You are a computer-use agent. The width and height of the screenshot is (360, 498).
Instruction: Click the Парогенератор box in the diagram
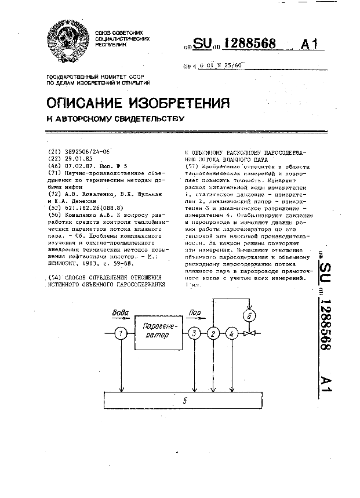157,333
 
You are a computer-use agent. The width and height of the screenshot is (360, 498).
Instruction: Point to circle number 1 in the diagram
120,333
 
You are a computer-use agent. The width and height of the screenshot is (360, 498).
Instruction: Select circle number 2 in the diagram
213,333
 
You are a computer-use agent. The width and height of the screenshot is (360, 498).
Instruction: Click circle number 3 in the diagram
194,333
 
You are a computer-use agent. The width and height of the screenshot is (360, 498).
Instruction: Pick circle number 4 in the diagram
231,333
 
